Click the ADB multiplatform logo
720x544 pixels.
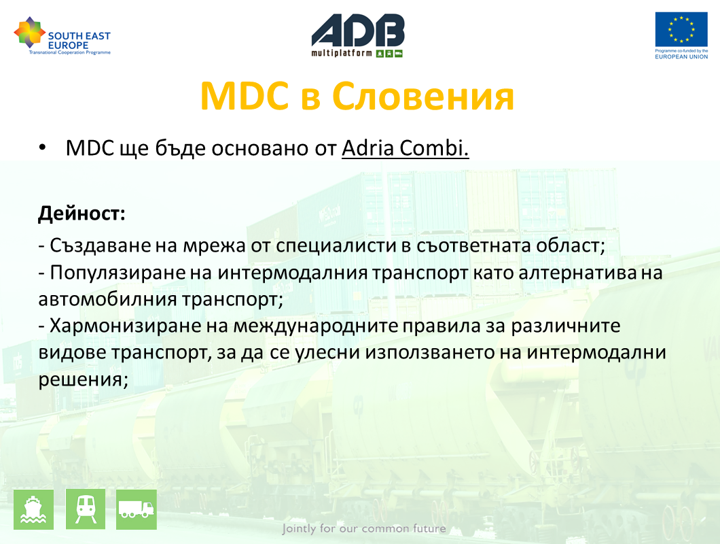coord(358,35)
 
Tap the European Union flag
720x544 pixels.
coord(681,29)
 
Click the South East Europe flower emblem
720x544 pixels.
coord(29,33)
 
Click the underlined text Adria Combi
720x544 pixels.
coord(405,148)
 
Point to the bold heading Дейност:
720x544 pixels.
coord(82,214)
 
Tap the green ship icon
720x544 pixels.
coord(33,509)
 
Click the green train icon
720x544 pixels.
coord(86,509)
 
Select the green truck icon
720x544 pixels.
coord(137,509)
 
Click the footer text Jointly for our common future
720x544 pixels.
coord(364,528)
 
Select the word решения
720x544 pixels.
coord(83,380)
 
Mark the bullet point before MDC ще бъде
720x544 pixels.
coord(42,148)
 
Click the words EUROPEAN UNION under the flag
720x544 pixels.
coord(681,56)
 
